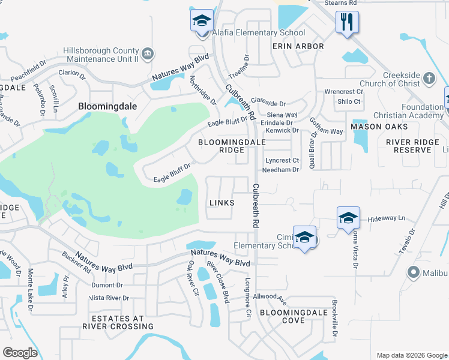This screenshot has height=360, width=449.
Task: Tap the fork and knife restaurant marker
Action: (347, 23)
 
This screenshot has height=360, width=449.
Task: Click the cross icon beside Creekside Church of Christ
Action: (429, 78)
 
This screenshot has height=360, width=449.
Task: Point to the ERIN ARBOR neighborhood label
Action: (298, 46)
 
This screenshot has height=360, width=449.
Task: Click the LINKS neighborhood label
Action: (221, 203)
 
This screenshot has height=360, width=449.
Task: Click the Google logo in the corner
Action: (20, 353)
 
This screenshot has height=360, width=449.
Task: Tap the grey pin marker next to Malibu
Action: (412, 273)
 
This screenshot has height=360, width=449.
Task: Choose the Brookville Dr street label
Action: (335, 317)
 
